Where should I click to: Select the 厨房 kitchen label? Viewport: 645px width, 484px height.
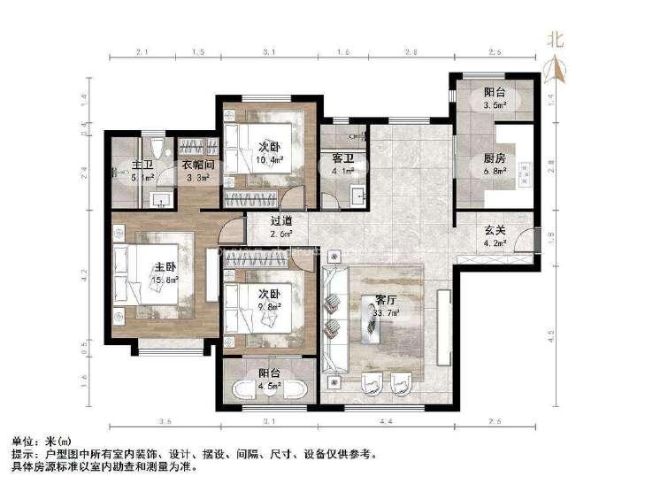click(x=494, y=158)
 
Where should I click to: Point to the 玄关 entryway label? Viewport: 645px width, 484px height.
click(x=494, y=231)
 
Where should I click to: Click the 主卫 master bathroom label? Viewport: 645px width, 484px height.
click(x=142, y=165)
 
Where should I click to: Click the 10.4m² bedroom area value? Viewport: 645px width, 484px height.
click(x=270, y=160)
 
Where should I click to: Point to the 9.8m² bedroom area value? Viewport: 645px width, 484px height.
click(x=270, y=307)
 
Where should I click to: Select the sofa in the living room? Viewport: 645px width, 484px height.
click(x=334, y=319)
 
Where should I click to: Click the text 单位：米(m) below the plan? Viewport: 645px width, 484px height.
click(x=42, y=441)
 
